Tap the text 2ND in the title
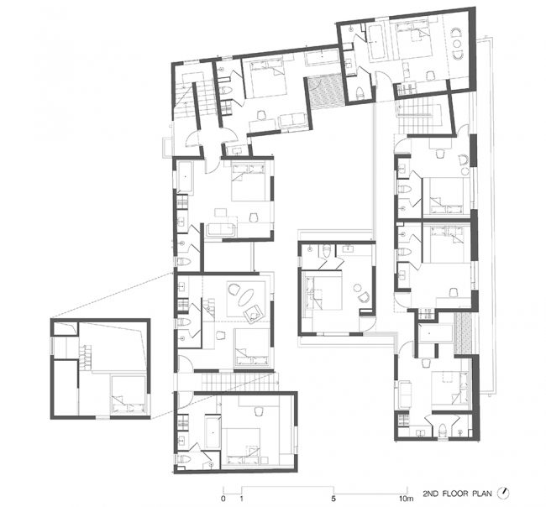pyautogui.click(x=431, y=494)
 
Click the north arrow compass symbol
pyautogui.click(x=503, y=493)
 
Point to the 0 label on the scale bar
pyautogui.click(x=223, y=499)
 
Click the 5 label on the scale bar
pyautogui.click(x=333, y=499)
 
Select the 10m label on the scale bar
pyautogui.click(x=406, y=499)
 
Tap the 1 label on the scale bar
pyautogui.click(x=242, y=499)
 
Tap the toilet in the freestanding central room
pyautogui.click(x=326, y=251)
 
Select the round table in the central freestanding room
pyautogui.click(x=358, y=287)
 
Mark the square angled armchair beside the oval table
pyautogui.click(x=254, y=314)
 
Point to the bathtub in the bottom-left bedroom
pyautogui.click(x=213, y=432)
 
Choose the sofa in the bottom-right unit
pyautogui.click(x=404, y=395)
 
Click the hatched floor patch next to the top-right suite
pyautogui.click(x=326, y=91)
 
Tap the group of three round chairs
pyautogui.click(x=456, y=44)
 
